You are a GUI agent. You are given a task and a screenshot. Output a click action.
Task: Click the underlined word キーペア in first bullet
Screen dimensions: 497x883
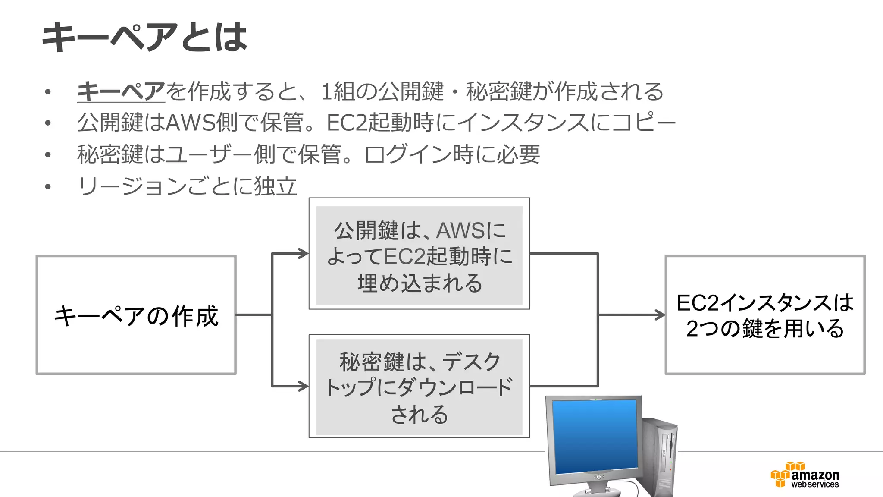[x=121, y=91]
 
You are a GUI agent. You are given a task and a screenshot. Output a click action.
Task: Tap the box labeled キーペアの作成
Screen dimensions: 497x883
[x=136, y=315]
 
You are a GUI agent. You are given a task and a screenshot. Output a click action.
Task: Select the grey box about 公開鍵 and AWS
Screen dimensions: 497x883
[x=419, y=255]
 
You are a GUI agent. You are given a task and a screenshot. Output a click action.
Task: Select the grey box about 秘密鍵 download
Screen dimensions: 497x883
[x=419, y=387]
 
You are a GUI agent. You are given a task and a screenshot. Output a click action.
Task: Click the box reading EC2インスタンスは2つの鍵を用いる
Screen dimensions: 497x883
[x=765, y=315]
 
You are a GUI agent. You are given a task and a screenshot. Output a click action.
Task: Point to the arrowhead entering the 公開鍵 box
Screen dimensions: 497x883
[x=304, y=254]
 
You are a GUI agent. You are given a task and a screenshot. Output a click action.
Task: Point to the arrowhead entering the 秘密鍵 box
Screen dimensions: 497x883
[x=304, y=386]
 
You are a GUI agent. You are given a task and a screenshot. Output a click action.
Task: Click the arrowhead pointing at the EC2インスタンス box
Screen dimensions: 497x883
[x=661, y=315]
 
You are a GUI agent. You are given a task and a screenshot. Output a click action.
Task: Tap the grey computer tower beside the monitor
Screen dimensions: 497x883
[x=660, y=457]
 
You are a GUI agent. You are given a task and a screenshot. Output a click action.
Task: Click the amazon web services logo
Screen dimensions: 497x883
[x=805, y=475]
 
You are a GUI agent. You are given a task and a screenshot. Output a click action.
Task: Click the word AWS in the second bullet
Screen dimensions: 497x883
[x=190, y=123]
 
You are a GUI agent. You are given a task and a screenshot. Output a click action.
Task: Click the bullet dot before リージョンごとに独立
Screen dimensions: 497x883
[x=48, y=187]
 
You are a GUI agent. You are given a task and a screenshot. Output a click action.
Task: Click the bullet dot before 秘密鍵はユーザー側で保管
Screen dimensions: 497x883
[x=48, y=155]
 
